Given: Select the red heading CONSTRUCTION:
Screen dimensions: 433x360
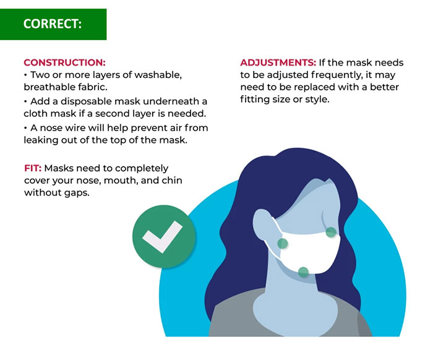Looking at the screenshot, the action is [x=64, y=62].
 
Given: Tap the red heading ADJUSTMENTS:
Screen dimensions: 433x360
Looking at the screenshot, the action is [x=278, y=62].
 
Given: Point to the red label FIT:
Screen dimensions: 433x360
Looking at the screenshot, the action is [x=33, y=168].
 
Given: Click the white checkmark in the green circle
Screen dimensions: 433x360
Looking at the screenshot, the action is [x=162, y=237].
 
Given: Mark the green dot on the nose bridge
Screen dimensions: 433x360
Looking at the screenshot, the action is [x=331, y=232].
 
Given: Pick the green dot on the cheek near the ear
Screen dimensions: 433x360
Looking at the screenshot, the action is [x=283, y=244].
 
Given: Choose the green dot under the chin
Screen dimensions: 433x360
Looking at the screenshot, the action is [x=303, y=272].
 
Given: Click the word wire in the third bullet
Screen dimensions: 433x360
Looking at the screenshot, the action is [x=78, y=128].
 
